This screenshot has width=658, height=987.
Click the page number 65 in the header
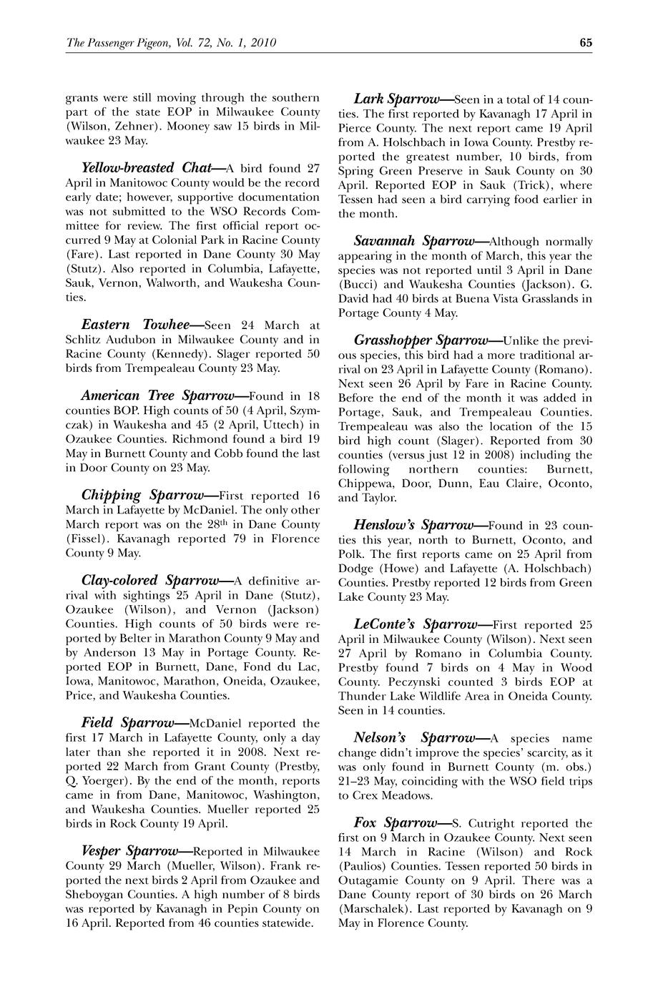tap(586, 42)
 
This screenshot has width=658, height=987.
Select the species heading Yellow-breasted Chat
tap(147, 169)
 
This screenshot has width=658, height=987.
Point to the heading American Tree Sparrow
tap(158, 396)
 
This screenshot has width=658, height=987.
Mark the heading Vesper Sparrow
tap(129, 851)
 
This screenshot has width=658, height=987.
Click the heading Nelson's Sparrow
tap(412, 738)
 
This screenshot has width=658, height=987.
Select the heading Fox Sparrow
tap(396, 823)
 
